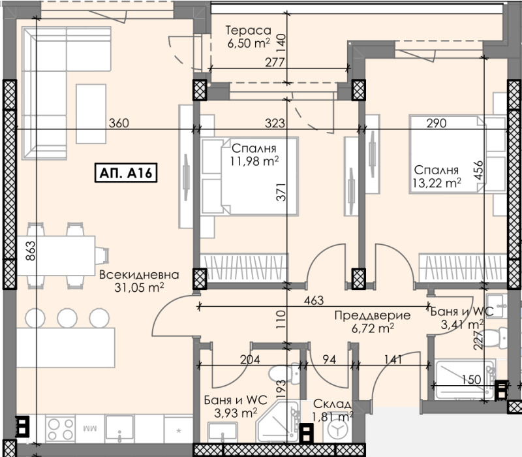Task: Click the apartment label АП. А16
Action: pos(128,174)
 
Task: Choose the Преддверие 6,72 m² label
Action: pos(372,322)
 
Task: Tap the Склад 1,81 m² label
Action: pos(333,410)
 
